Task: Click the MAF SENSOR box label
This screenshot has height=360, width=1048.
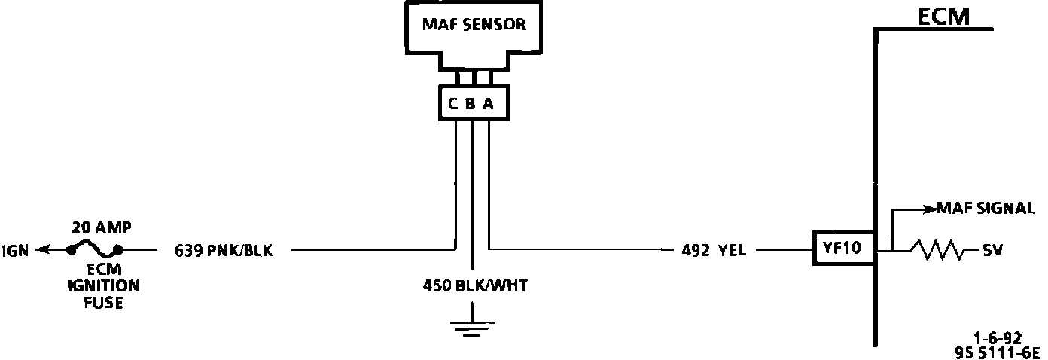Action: (473, 25)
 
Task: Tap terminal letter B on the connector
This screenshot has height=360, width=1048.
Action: (471, 105)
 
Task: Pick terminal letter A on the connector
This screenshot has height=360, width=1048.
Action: (488, 105)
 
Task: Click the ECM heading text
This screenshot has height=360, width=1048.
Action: (943, 17)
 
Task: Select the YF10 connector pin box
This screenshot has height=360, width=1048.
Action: (842, 249)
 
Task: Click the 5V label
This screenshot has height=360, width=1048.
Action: (992, 249)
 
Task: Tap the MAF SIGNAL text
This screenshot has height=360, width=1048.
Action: (985, 209)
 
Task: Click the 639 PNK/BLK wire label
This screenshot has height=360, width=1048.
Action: (224, 250)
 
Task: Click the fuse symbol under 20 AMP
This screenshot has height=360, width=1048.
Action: (94, 247)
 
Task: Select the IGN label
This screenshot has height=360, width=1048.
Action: (15, 250)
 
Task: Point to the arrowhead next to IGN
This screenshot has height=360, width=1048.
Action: (43, 249)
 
